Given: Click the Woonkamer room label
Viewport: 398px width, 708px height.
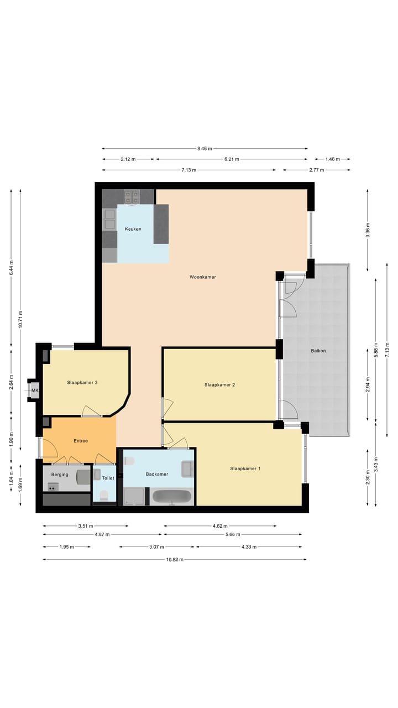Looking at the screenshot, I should coord(202,277).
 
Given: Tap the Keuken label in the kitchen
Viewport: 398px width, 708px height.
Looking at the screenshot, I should coord(133,229).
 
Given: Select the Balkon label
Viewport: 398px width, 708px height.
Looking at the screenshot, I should coord(318,351).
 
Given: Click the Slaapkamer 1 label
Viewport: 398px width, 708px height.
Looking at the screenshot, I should coord(245,468).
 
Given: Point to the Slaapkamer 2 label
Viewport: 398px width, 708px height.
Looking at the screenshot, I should coord(219,384).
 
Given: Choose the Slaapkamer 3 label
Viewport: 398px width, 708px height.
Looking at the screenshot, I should coord(82,382).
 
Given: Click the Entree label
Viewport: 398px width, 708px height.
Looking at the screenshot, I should coord(81,441).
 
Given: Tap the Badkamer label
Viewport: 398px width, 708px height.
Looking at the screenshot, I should coord(157,474).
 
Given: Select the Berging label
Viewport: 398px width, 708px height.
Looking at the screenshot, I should coord(60,475).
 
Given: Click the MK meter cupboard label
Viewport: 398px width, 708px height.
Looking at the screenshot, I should coord(35,391).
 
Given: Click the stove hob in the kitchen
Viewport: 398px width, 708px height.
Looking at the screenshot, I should coord(132,197).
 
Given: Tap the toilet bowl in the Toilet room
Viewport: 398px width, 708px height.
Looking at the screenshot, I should coord(104,494).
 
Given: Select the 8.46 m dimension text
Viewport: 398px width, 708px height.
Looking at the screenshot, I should coord(205,149).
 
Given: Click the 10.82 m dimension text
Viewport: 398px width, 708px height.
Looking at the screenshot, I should coord(175,559).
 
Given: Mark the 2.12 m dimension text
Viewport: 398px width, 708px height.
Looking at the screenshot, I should coord(128,159).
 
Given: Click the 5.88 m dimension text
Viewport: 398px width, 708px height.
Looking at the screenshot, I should coord(376,350).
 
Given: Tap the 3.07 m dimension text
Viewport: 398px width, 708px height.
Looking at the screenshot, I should coord(157,547).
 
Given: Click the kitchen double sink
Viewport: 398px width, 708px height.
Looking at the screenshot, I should coord(109,219).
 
